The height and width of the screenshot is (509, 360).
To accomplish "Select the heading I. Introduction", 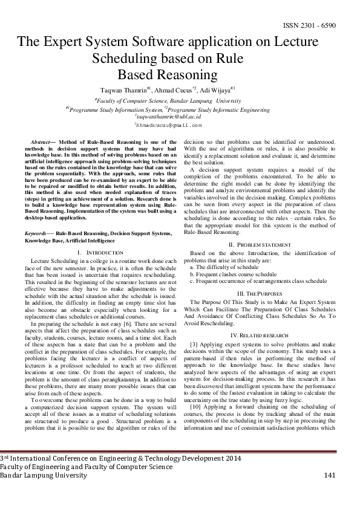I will point(100,251).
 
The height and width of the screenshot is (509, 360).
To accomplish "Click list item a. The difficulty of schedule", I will point(224,267).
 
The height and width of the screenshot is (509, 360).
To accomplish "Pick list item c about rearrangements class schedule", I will point(258,281).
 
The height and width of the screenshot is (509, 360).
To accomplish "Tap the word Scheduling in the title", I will point(126,59).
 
